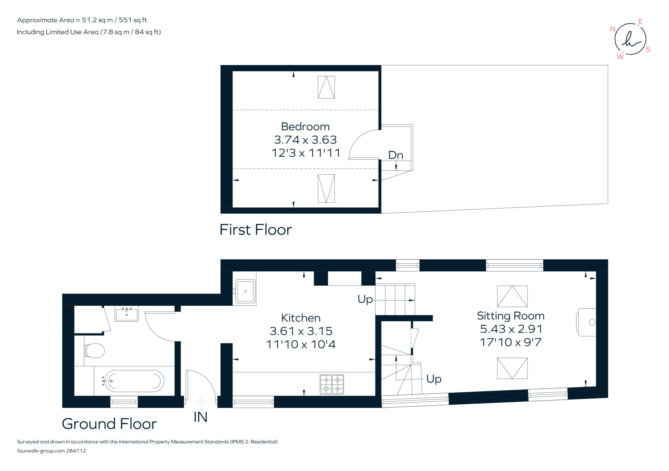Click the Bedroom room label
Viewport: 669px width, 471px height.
(305, 126)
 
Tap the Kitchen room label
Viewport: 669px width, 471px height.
(301, 318)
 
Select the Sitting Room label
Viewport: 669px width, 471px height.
(511, 316)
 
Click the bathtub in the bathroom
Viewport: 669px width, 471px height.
(134, 381)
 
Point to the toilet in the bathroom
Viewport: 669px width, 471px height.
(95, 350)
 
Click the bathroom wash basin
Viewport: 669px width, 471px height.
(126, 314)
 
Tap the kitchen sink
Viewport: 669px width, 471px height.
(245, 290)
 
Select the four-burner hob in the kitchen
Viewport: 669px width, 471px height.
(332, 384)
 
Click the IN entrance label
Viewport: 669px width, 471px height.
(200, 417)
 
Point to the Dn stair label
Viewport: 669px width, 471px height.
(395, 155)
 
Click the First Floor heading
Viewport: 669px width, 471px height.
(255, 230)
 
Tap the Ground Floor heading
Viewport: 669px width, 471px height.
(109, 424)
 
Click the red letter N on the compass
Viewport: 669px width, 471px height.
(612, 29)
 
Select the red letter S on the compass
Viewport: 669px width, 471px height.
(648, 49)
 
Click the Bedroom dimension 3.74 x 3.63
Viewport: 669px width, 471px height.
(305, 140)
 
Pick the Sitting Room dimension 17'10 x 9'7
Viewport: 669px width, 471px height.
(511, 342)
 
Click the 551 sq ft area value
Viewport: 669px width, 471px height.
(133, 20)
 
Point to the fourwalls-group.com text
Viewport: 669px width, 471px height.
(41, 451)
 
